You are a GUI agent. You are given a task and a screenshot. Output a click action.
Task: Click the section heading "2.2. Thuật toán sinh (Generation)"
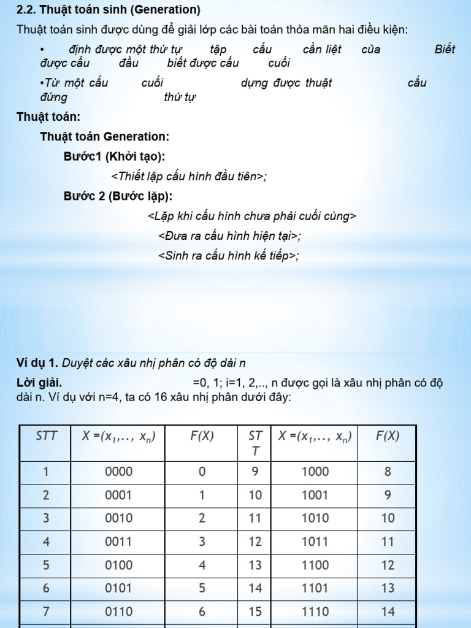pyautogui.click(x=109, y=10)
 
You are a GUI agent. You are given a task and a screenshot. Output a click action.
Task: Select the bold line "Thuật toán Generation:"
pyautogui.click(x=104, y=136)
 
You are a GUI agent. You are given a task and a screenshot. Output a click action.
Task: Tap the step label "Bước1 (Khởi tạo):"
pyautogui.click(x=114, y=156)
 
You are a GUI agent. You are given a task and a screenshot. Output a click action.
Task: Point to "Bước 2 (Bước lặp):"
pyautogui.click(x=118, y=196)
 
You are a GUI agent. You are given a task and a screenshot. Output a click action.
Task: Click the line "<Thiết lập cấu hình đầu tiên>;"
pyautogui.click(x=189, y=177)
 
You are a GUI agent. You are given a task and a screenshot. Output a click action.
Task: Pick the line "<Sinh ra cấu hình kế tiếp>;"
pyautogui.click(x=229, y=256)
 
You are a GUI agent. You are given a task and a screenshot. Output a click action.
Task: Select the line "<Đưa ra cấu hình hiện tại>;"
pyautogui.click(x=229, y=236)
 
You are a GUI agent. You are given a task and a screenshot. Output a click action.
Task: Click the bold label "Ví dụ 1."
pyautogui.click(x=38, y=363)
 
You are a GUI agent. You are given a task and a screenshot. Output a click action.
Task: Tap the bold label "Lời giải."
pyautogui.click(x=39, y=383)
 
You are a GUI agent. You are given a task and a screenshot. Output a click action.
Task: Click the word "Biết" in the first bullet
pyautogui.click(x=445, y=50)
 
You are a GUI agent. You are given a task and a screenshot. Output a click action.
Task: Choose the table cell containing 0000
pyautogui.click(x=118, y=472)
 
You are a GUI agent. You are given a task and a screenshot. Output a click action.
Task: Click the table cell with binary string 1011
pyautogui.click(x=315, y=542)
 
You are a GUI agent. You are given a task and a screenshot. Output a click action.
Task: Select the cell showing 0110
pyautogui.click(x=118, y=611)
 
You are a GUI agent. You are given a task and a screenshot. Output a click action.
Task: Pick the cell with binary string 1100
pyautogui.click(x=315, y=565)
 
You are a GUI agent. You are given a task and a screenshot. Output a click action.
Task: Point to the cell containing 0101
pyautogui.click(x=118, y=588)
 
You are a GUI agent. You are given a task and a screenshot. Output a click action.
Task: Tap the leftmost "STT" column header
pyautogui.click(x=46, y=436)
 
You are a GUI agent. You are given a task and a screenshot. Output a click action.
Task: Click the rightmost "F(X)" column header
pyautogui.click(x=388, y=436)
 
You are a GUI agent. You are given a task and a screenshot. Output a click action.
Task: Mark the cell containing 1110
pyautogui.click(x=315, y=611)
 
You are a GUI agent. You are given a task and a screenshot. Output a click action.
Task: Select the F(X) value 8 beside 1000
pyautogui.click(x=388, y=472)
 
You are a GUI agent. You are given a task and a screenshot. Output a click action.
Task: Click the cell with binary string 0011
pyautogui.click(x=118, y=542)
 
